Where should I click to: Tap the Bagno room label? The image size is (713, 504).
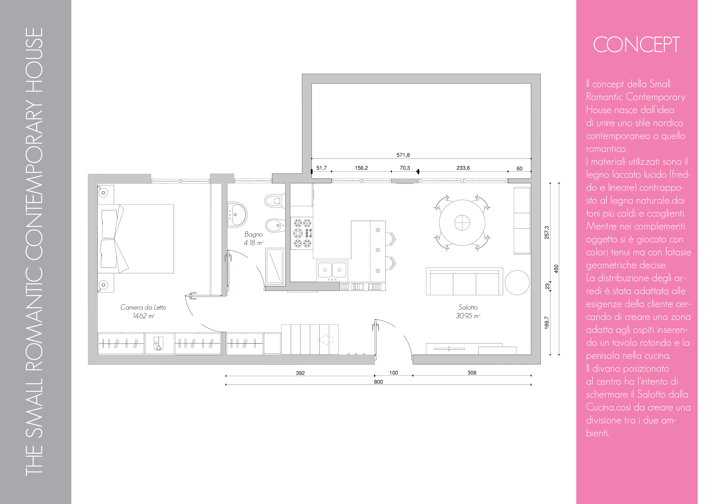(253, 234)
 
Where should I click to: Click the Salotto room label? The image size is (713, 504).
(468, 307)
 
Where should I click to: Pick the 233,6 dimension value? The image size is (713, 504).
(463, 168)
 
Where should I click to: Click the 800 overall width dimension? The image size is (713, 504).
(378, 382)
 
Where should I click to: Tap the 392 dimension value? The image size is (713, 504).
(300, 373)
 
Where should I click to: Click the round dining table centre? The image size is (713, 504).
(462, 223)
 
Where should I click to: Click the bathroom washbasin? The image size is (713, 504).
(237, 214)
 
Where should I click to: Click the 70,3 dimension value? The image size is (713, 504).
(405, 168)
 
